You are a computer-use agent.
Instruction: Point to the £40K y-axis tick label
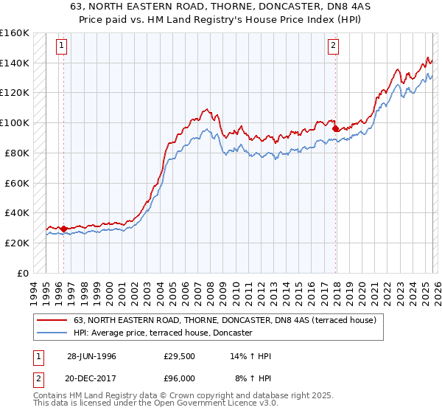tap(16, 212)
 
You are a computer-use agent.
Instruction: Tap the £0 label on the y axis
tap(22, 273)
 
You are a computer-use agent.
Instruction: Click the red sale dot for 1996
tap(64, 229)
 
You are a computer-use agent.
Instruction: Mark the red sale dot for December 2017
tap(336, 128)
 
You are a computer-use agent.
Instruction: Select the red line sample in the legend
tap(52, 320)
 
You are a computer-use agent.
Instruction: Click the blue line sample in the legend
tap(52, 333)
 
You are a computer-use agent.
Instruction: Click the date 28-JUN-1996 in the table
tap(91, 356)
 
